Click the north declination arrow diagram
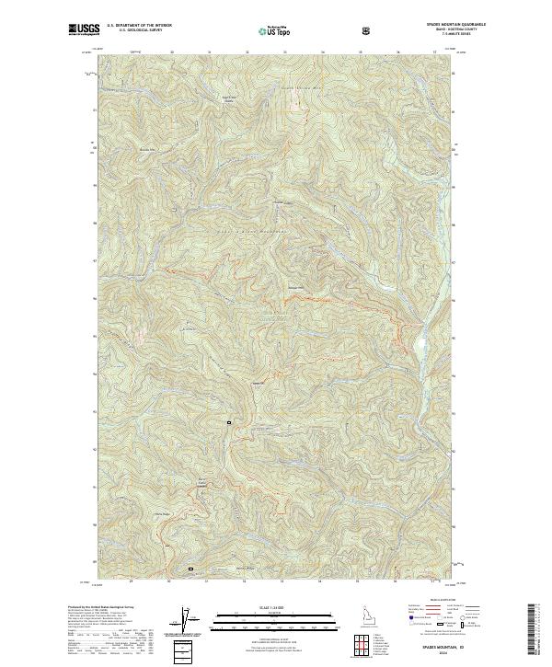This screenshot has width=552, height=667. point(190,619)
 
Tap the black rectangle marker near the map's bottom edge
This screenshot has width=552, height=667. point(191,569)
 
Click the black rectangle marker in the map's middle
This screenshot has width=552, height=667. point(229,421)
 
